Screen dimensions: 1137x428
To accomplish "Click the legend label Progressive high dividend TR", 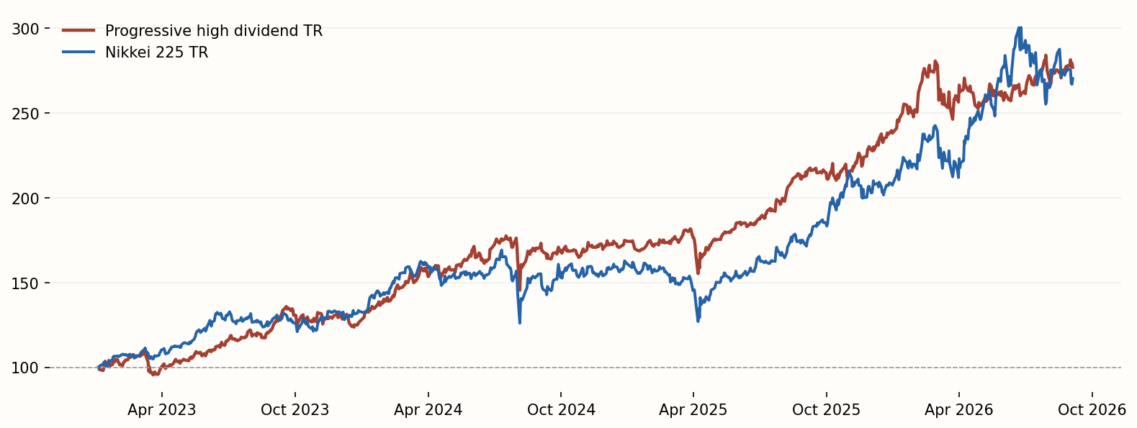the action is click(214, 31).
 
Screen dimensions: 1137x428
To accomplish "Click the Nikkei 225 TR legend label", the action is click(156, 53).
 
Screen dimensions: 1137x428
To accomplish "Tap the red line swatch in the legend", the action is click(78, 30).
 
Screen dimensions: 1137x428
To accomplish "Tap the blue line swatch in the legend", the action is click(78, 52).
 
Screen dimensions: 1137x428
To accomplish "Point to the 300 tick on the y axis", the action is click(25, 29).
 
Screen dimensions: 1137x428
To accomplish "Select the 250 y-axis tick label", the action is click(25, 114).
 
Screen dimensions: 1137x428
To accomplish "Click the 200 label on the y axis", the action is click(25, 199).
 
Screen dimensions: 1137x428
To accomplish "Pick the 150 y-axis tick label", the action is click(25, 283).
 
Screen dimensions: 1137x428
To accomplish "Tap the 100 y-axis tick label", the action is click(25, 368).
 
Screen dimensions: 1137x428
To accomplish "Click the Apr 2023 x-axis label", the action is click(162, 410).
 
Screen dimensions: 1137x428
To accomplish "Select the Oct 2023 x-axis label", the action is click(295, 410).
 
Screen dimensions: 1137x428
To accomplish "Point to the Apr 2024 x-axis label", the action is click(428, 410).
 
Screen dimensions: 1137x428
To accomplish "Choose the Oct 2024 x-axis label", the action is click(561, 410).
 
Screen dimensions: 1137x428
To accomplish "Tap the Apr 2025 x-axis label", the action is click(693, 410).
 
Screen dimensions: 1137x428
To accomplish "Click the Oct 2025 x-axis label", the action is click(827, 410).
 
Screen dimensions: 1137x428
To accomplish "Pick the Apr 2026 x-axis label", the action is click(959, 410).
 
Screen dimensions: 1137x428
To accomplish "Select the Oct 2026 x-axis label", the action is click(1092, 410).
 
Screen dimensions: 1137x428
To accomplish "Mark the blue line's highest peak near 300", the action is click(1020, 28).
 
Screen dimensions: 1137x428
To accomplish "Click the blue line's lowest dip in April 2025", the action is click(698, 321).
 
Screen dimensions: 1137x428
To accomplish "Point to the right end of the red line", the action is click(1072, 68).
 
